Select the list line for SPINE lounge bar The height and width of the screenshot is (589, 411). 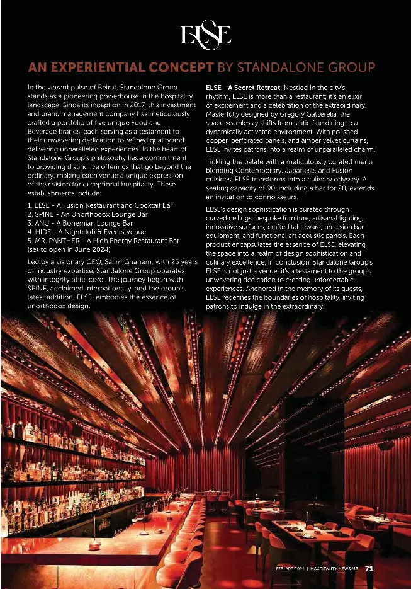(x=87, y=214)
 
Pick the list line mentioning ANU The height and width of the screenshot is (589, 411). (x=80, y=222)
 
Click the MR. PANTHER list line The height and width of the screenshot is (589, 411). (x=104, y=240)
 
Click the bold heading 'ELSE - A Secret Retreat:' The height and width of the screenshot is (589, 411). (x=244, y=86)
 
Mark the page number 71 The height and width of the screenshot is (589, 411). (x=369, y=568)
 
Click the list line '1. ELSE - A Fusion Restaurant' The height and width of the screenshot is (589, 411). (x=100, y=205)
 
